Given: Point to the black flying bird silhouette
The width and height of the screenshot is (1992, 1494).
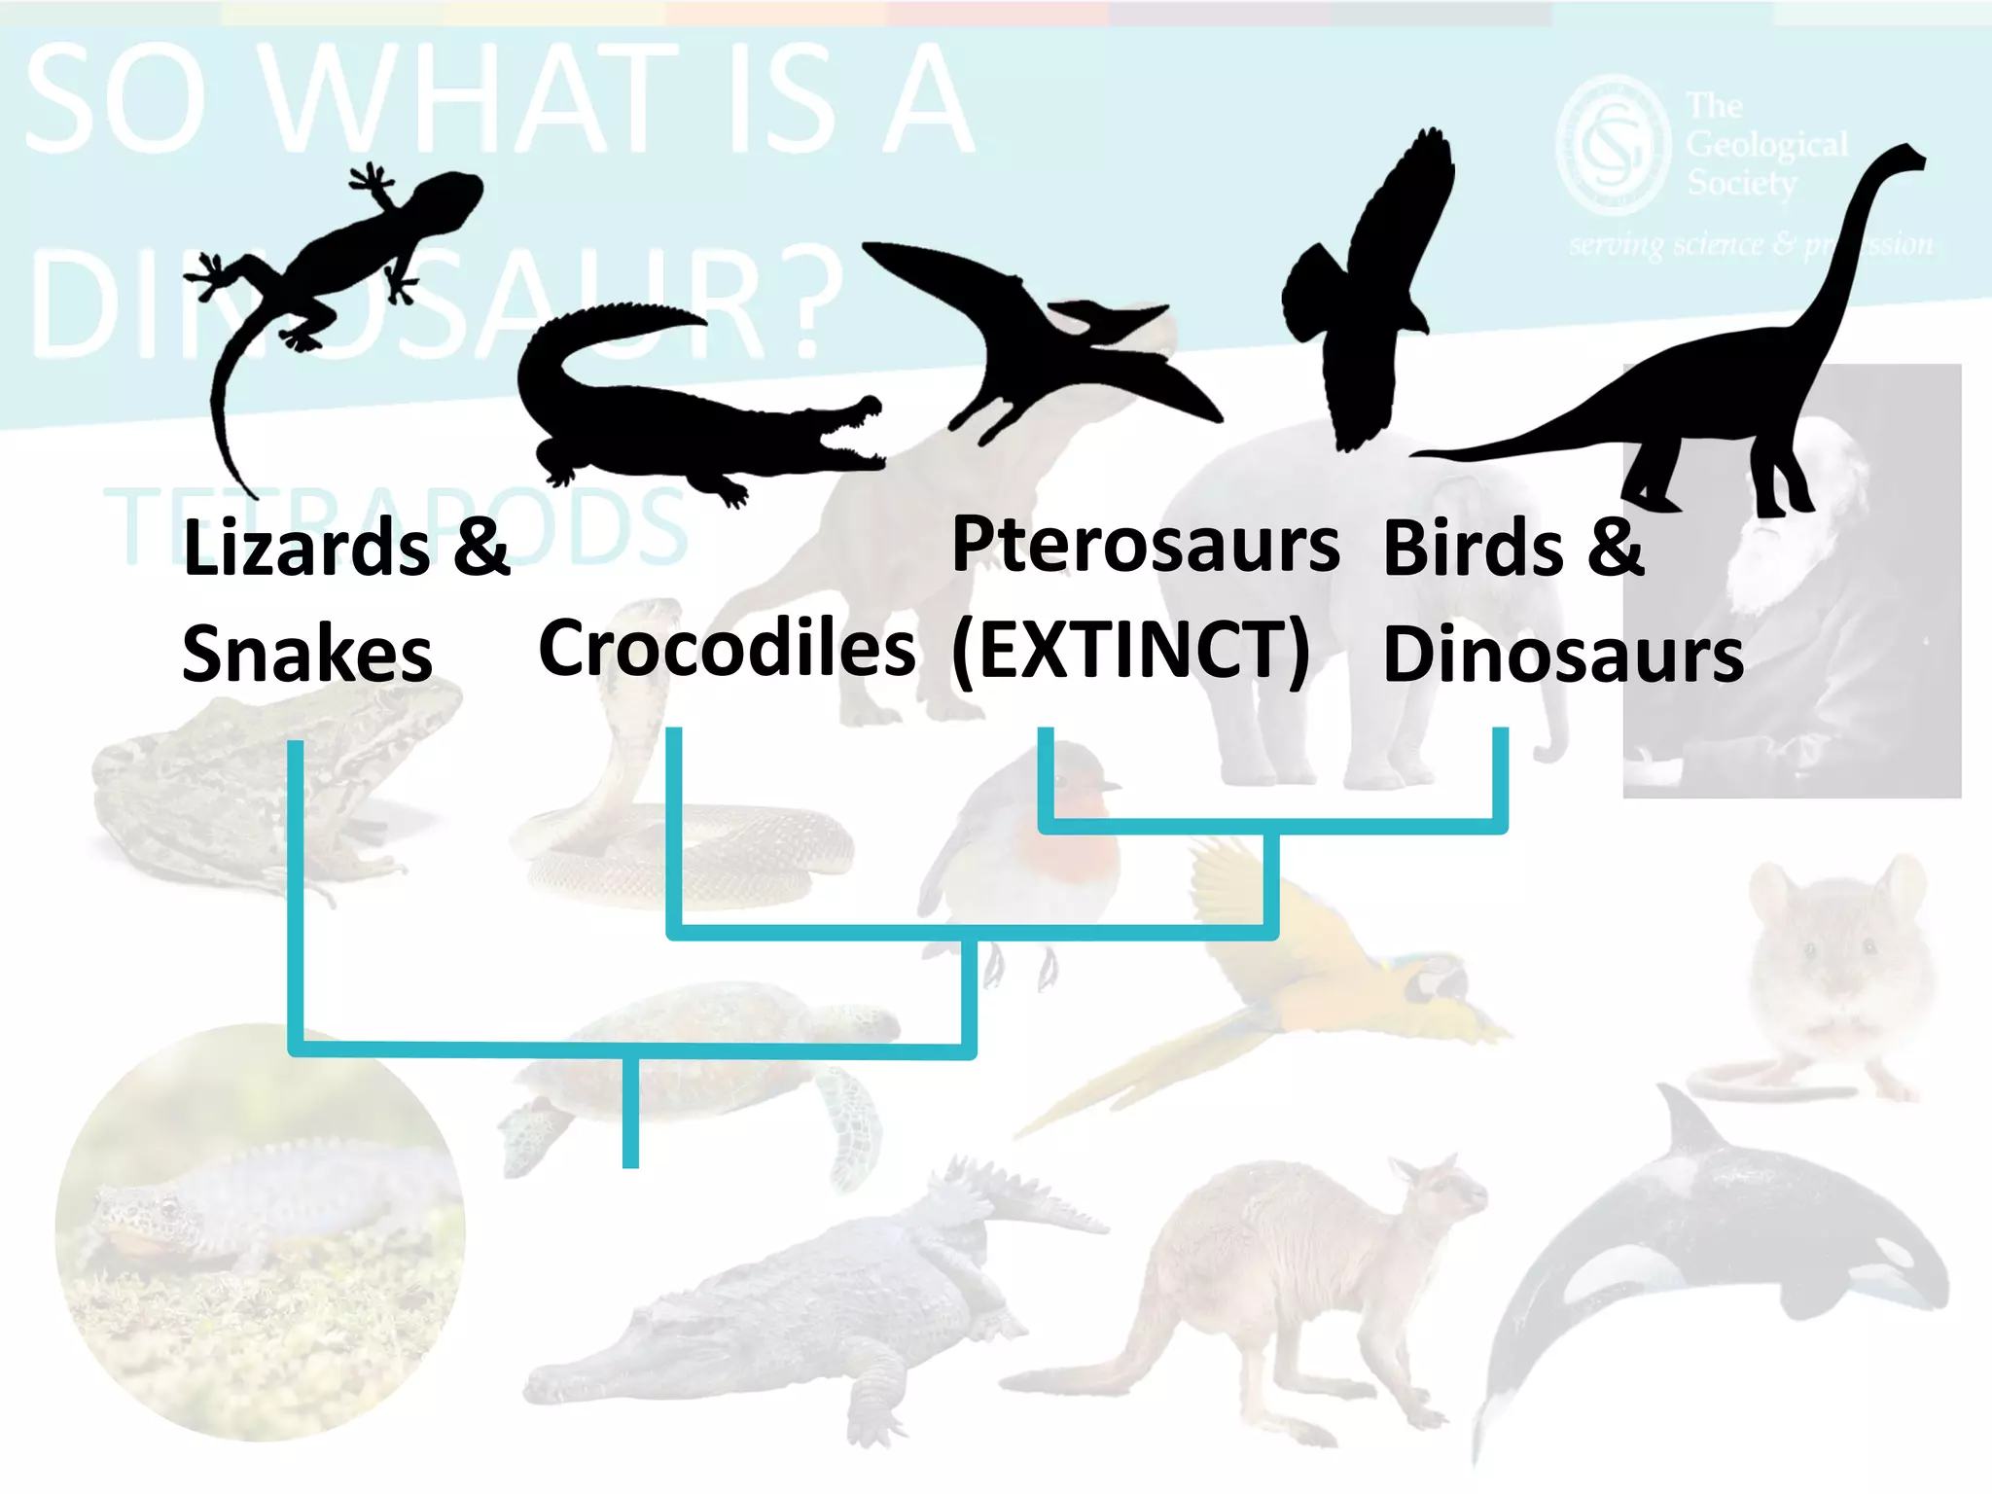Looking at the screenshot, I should click(x=1371, y=292).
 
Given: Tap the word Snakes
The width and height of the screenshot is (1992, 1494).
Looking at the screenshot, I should click(x=306, y=654).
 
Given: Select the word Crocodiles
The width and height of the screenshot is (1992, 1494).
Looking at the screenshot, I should click(x=727, y=649).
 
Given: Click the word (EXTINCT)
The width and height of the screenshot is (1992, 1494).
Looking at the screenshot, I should click(x=1131, y=651).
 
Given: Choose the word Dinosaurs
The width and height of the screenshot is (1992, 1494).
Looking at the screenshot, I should click(x=1563, y=655).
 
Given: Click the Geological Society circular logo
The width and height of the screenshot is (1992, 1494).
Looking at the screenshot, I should click(x=1612, y=146).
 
